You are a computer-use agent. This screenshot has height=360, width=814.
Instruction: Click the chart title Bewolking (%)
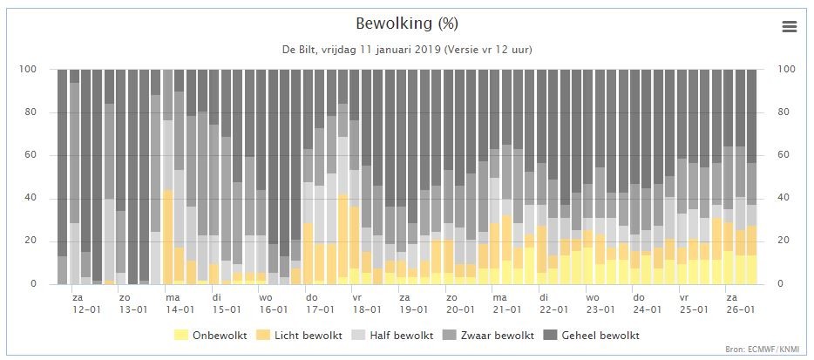click(x=407, y=23)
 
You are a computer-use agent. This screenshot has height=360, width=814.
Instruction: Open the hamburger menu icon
click(x=790, y=26)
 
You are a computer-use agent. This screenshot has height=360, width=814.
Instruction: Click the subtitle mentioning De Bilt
click(x=407, y=50)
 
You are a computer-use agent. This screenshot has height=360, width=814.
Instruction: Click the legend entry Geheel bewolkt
click(x=592, y=335)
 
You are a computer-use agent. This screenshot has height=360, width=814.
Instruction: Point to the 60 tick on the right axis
click(x=785, y=155)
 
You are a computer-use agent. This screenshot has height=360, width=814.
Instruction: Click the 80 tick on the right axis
click(x=785, y=112)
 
